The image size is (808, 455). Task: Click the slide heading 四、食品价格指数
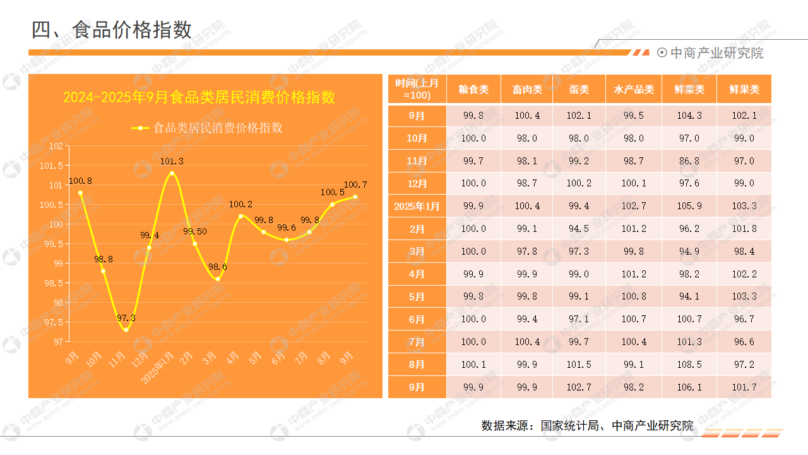click(112, 30)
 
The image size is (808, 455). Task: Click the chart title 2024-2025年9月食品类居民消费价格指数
click(199, 97)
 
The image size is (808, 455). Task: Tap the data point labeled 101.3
click(172, 173)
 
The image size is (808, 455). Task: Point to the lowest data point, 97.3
click(126, 330)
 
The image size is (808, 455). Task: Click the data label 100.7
click(355, 185)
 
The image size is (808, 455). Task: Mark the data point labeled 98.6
click(218, 279)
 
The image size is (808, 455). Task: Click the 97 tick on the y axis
click(59, 342)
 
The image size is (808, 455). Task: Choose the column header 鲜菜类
click(689, 89)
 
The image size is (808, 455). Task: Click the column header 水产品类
click(634, 89)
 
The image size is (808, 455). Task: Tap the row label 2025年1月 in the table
click(417, 206)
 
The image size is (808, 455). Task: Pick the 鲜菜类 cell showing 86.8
click(689, 161)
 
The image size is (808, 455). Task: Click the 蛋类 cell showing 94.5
click(578, 229)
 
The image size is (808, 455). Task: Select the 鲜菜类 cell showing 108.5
click(689, 365)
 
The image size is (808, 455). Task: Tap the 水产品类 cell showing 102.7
click(634, 206)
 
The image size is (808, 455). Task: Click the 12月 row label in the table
click(417, 184)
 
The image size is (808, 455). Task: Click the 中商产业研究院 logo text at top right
click(716, 53)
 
